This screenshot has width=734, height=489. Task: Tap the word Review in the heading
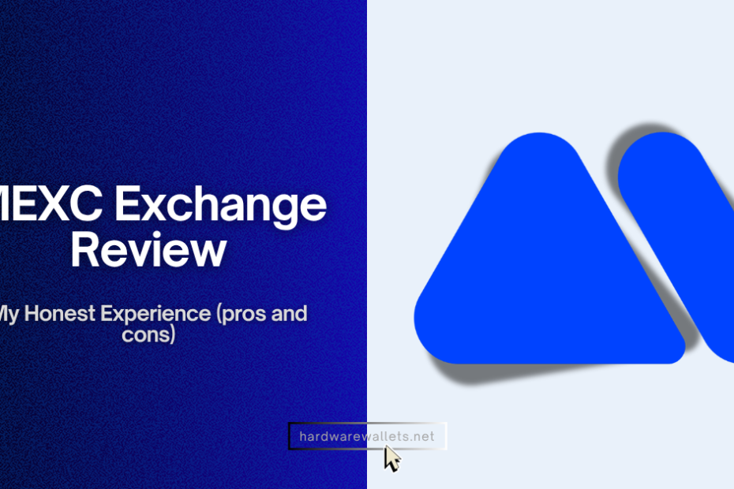[148, 250]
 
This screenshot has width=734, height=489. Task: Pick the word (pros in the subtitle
[242, 314]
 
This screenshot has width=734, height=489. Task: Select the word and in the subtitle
[290, 314]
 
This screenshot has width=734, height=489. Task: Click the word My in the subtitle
[11, 314]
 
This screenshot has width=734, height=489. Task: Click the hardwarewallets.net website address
[367, 435]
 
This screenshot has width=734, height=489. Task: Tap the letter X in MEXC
[54, 207]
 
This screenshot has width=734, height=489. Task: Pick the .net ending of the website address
[422, 435]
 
